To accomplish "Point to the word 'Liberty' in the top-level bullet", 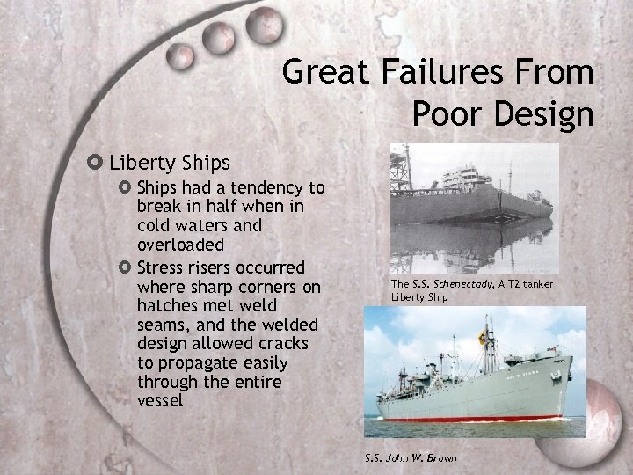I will pos(143,163).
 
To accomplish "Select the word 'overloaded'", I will pos(180,244).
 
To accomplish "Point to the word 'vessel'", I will pos(161,400).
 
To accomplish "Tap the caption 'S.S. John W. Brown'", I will pos(411,458).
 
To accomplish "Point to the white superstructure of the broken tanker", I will pos(467,177).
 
